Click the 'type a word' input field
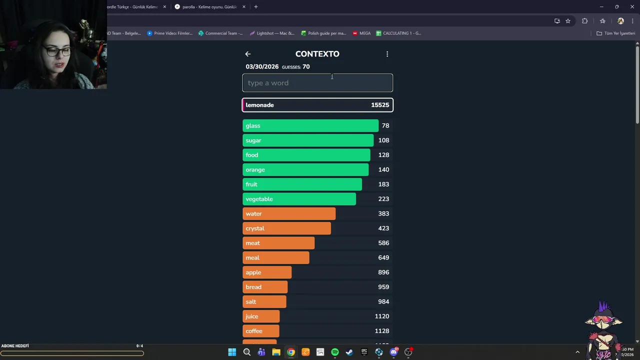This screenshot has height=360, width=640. pos(317,83)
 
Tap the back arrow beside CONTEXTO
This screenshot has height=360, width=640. pos(248,54)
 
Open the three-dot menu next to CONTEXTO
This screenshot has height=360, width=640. pos(387,54)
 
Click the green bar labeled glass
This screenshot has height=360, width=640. pos(310,125)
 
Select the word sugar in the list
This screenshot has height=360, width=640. pos(253,140)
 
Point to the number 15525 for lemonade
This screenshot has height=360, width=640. pos(380,105)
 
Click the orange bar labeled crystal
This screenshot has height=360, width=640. pos(286,228)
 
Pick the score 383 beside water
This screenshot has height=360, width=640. pos(383,213)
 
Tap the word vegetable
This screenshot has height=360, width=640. pos(259,199)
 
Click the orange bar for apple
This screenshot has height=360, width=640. pos(267,272)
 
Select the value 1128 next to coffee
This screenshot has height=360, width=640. pos(382,331)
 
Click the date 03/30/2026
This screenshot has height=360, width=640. pos(262,67)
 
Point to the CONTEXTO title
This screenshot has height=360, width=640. pos(317,54)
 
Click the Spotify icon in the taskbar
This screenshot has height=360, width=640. pos(335,352)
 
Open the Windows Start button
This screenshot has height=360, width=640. pos(232,352)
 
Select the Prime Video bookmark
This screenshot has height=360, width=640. pos(169,33)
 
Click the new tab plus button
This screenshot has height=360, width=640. pos(256,7)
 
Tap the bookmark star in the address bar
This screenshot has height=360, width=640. pos(568,21)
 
